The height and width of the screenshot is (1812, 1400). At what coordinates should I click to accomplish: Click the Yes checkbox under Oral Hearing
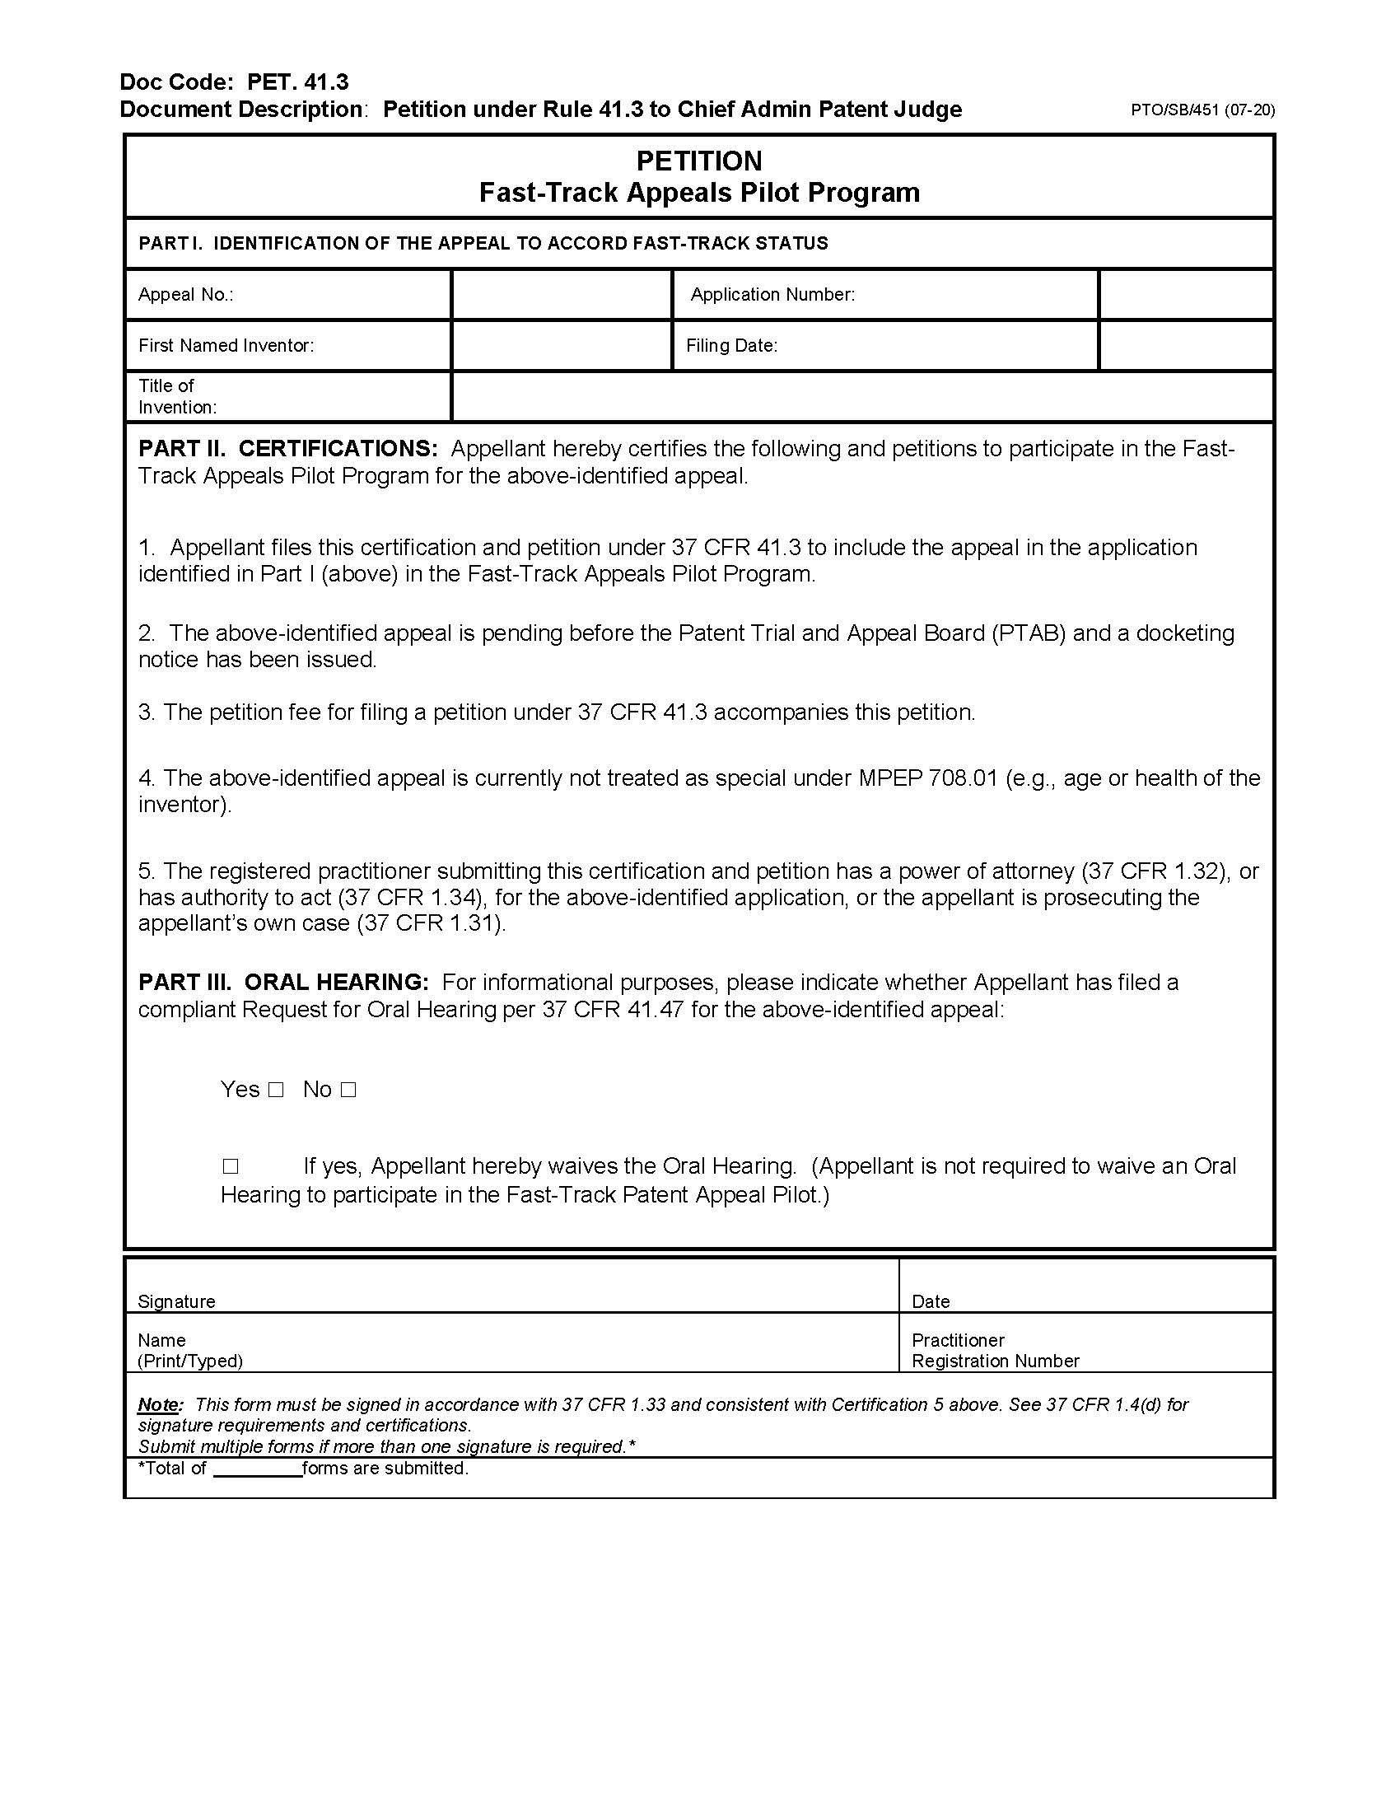[x=276, y=1090]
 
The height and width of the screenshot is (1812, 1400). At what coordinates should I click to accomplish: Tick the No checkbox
[x=348, y=1090]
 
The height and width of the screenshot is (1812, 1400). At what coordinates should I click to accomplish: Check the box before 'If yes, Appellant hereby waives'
[x=230, y=1167]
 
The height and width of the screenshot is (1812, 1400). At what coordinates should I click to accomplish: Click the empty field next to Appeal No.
[x=561, y=295]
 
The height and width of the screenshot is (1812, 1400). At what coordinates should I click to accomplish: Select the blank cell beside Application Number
[x=1185, y=295]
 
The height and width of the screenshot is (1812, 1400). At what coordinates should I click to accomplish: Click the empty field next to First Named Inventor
[x=561, y=345]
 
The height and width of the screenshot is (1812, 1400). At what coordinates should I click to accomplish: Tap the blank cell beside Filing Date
[x=1185, y=345]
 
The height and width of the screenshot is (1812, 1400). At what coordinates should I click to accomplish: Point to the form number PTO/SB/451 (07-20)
[x=1202, y=110]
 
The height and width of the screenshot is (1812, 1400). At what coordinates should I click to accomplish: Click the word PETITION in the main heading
[x=698, y=161]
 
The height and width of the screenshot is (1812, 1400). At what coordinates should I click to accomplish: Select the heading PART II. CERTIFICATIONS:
[x=287, y=449]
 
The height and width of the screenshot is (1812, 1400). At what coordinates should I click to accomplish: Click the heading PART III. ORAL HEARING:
[x=283, y=983]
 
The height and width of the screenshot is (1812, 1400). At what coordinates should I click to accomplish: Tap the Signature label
[x=177, y=1301]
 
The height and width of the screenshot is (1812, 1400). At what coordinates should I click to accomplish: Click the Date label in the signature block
[x=931, y=1301]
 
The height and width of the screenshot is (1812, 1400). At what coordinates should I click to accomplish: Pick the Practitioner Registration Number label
[x=995, y=1350]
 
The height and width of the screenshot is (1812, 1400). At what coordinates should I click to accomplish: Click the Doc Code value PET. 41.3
[x=298, y=82]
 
